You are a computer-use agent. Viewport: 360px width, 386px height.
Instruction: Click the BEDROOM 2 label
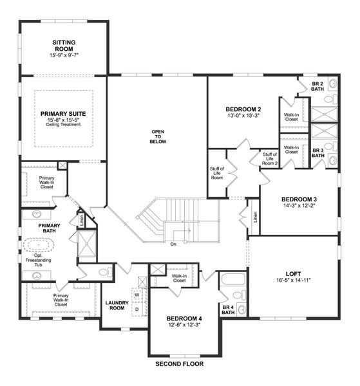tap(243, 109)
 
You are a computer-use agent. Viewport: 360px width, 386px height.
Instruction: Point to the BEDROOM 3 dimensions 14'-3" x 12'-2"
tap(298, 207)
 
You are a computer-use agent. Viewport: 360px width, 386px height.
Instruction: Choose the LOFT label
tap(293, 272)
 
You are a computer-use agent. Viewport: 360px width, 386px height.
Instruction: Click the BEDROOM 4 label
tap(184, 318)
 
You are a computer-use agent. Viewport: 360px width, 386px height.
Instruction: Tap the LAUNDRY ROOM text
tap(117, 305)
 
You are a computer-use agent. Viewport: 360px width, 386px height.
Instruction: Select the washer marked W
tap(137, 296)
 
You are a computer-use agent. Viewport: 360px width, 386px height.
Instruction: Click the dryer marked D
tap(137, 309)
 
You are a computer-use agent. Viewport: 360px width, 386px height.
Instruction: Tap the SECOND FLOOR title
tap(179, 364)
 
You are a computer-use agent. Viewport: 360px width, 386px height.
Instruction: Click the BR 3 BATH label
tap(317, 154)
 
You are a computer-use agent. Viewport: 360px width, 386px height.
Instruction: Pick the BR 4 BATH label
tap(228, 310)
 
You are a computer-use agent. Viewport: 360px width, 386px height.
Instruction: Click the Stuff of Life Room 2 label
tap(269, 159)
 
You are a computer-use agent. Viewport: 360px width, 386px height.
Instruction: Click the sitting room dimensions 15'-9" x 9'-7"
tap(62, 56)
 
